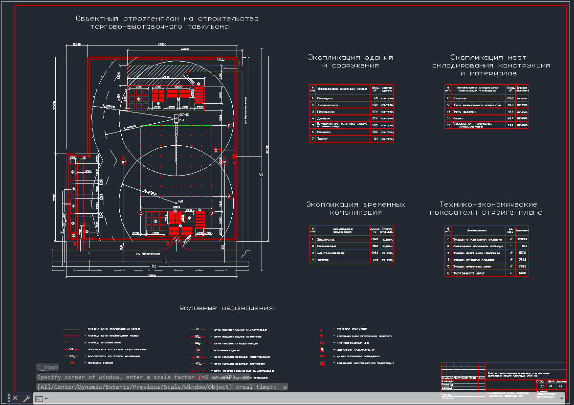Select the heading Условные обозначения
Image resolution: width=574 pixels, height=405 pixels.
pyautogui.click(x=227, y=308)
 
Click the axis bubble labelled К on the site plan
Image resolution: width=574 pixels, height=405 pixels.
pyautogui.click(x=229, y=125)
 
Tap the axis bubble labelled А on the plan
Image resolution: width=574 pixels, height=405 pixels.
pyautogui.click(x=229, y=197)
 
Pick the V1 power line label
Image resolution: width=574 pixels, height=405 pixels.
pyautogui.click(x=261, y=174)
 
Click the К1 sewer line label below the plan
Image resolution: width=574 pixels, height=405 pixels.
pyautogui.click(x=154, y=266)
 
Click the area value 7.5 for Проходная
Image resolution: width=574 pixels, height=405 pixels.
pyautogui.click(x=375, y=98)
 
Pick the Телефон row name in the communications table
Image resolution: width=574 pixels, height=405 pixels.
pyautogui.click(x=324, y=260)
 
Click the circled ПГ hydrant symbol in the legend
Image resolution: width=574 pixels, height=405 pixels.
pyautogui.click(x=199, y=350)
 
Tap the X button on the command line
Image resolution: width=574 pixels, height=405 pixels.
pyautogui.click(x=15, y=398)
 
